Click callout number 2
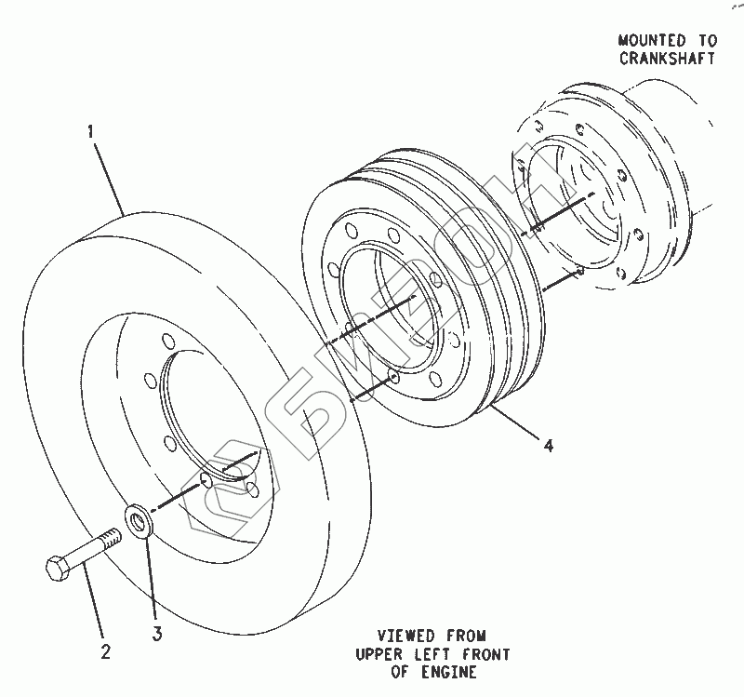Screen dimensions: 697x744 104,652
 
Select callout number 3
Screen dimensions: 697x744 157,635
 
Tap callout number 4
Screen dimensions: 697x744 549,447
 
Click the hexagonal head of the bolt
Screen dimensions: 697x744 58,567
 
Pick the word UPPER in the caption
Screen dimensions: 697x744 379,654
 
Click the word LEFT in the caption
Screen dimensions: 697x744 431,654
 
